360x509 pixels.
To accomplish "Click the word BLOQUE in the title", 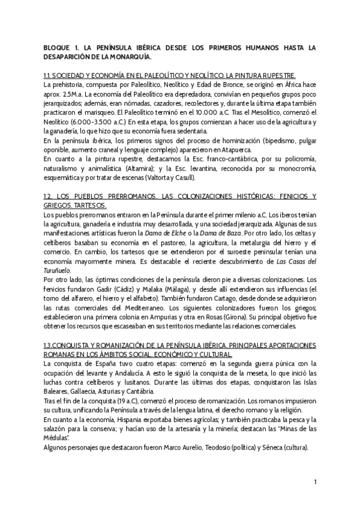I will coord(59,47).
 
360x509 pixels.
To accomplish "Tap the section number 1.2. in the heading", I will coord(50,197).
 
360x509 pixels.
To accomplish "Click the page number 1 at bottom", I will coord(315,481).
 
